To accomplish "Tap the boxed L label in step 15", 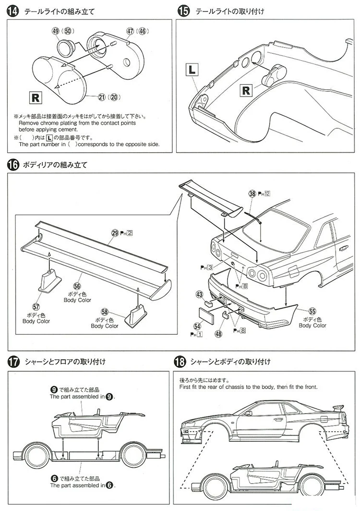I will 191,70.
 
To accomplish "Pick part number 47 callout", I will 130,31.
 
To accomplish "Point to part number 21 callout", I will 101,97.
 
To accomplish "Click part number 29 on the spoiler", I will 114,233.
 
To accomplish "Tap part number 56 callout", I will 77,285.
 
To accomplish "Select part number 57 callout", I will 36,306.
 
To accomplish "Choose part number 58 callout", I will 104,311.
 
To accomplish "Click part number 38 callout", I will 252,194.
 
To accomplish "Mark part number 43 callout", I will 199,294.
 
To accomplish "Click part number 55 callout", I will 312,311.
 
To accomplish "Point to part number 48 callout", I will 218,333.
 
